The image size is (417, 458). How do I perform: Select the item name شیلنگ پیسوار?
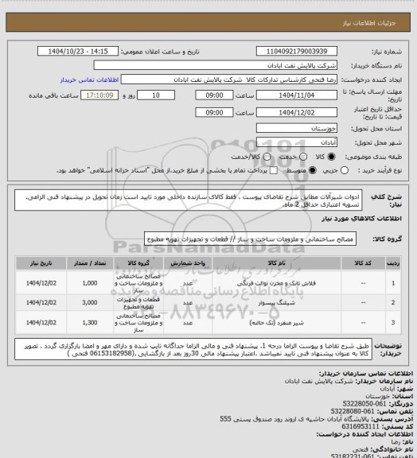point(276,304)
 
